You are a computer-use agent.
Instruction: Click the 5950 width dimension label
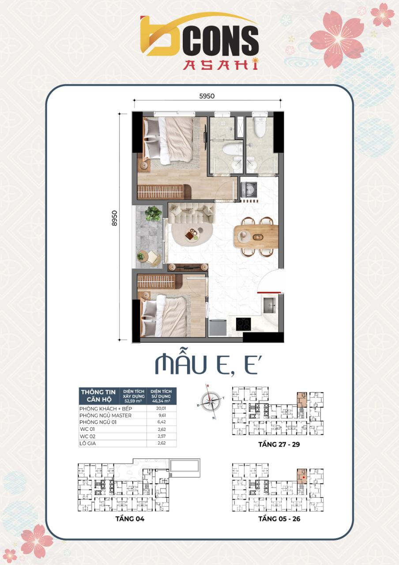pos(207,96)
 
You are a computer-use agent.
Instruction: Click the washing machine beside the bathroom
pos(249,189)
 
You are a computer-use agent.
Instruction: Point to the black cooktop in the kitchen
pos(242,324)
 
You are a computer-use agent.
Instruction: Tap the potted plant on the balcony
pos(153,214)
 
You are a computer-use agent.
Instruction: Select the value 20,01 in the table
pos(161,409)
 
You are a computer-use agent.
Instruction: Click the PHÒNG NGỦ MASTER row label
pos(105,415)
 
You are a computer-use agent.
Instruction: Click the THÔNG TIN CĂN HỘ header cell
pos(98,395)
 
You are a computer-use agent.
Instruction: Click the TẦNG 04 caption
pos(128,519)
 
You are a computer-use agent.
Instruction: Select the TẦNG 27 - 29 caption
pos(279,444)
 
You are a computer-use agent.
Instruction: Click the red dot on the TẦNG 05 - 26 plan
pos(303,477)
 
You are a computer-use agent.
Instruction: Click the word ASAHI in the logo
pos(221,65)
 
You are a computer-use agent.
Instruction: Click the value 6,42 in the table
pos(161,422)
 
